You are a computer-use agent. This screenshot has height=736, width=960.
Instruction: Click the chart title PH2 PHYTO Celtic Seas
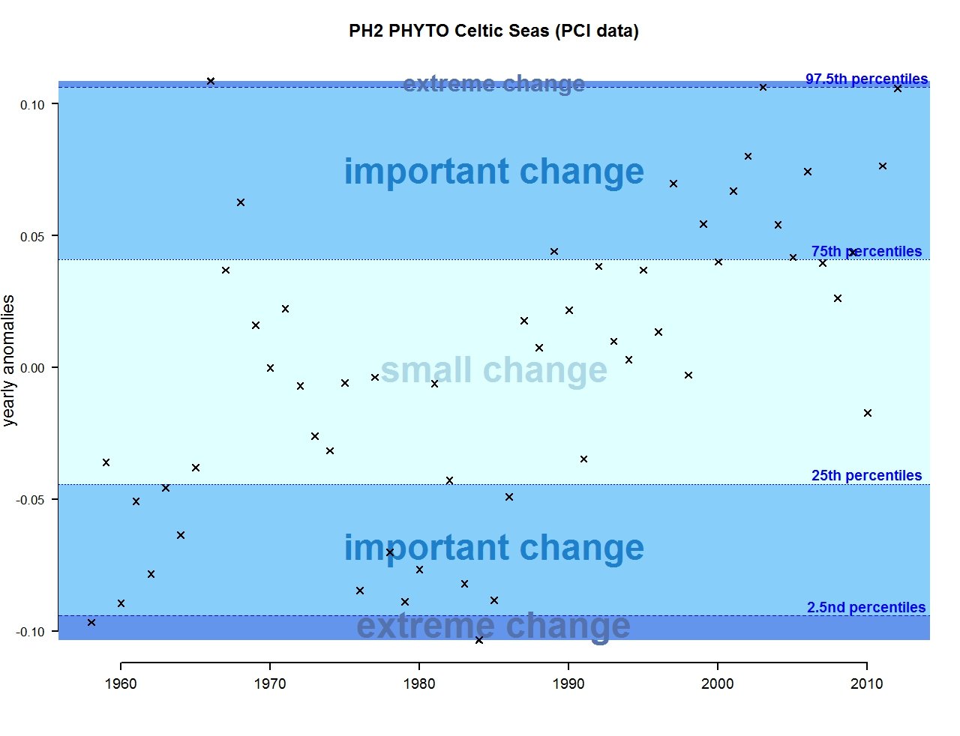click(493, 31)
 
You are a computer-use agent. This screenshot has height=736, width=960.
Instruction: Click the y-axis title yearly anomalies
click(9, 361)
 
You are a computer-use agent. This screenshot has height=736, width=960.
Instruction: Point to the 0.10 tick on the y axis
click(33, 104)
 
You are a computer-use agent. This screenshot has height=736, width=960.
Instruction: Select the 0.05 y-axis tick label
click(33, 236)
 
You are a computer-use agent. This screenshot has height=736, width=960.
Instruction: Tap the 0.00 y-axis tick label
click(33, 368)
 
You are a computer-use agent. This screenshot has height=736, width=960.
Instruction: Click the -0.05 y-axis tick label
click(31, 500)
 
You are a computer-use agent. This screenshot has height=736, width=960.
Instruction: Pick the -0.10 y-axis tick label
click(31, 632)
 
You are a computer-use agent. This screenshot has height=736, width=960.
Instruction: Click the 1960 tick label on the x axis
click(121, 684)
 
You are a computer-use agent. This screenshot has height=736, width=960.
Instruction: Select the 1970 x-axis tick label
click(270, 684)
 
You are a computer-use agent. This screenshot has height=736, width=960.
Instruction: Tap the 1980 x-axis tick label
click(419, 684)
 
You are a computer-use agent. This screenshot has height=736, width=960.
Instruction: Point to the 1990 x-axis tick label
click(568, 684)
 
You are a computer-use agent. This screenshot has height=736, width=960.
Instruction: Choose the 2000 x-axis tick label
click(718, 684)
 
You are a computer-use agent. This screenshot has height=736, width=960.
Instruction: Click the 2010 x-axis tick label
click(867, 684)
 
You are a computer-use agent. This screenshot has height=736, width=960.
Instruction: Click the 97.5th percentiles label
click(866, 79)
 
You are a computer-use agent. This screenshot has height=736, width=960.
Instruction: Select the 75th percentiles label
click(866, 251)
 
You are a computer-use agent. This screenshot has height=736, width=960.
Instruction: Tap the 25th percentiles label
click(866, 475)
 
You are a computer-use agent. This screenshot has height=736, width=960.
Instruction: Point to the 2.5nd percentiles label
click(866, 607)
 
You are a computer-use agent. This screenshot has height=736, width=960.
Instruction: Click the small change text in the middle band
click(493, 370)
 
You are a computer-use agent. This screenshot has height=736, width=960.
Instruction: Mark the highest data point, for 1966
click(211, 81)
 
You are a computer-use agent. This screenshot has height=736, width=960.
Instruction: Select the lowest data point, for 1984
click(479, 640)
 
